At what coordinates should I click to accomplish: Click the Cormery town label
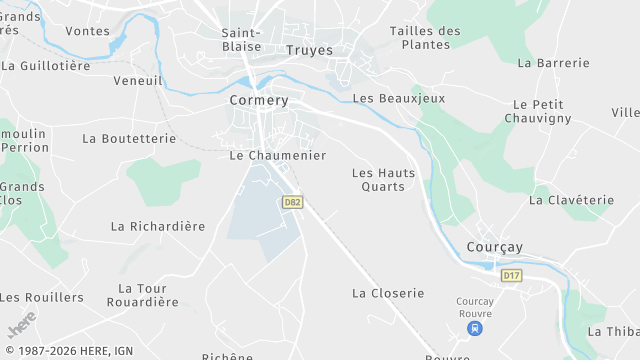259,100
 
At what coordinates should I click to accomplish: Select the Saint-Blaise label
241,39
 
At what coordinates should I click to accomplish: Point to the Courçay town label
495,247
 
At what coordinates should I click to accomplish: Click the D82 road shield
292,202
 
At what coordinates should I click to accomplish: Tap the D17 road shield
511,275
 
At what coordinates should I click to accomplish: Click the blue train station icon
476,327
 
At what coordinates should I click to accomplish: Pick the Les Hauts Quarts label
383,179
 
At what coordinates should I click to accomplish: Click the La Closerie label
388,293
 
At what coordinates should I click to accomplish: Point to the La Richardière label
157,226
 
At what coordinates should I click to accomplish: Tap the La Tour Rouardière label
142,295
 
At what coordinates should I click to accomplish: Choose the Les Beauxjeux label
399,98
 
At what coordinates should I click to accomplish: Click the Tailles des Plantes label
425,37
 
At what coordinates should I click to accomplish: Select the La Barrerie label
554,62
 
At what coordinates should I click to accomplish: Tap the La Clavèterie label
571,200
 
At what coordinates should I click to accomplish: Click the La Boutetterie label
129,138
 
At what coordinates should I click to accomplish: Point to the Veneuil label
138,80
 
